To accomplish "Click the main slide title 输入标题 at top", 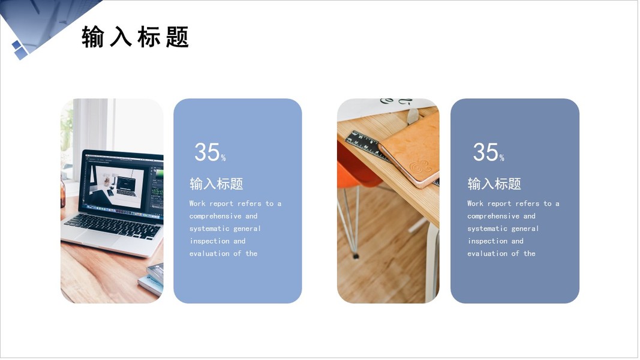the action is tap(135, 37).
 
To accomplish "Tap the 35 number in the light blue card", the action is tap(207, 152).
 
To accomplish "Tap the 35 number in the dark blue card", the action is tap(485, 152).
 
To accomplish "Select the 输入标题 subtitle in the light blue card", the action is tap(217, 184).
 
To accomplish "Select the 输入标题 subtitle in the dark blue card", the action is tap(494, 184).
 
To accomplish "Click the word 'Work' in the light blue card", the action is tap(197, 203).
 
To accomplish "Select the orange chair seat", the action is tap(356, 166).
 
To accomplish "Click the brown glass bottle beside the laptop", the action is tap(63, 193).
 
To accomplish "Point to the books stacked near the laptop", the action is tap(151, 279).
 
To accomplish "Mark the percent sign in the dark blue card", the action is tap(501, 158).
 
